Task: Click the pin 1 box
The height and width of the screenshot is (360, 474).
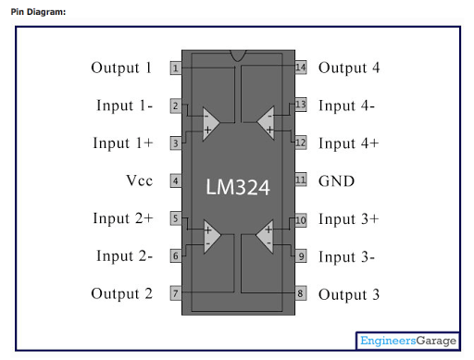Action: click(x=176, y=68)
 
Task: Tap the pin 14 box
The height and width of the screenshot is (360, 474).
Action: click(x=301, y=68)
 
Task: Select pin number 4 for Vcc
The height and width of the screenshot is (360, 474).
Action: click(x=176, y=180)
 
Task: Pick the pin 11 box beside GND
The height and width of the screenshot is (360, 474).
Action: click(x=301, y=180)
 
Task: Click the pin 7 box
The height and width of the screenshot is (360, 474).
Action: click(x=176, y=293)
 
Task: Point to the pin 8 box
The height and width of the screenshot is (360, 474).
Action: click(x=301, y=293)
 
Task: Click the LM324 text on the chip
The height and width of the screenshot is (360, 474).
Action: click(x=238, y=187)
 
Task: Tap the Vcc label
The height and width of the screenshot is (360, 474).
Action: click(x=140, y=180)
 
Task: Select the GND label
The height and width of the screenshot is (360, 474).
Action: click(x=336, y=181)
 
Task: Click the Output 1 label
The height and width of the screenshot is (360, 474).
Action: click(x=121, y=68)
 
